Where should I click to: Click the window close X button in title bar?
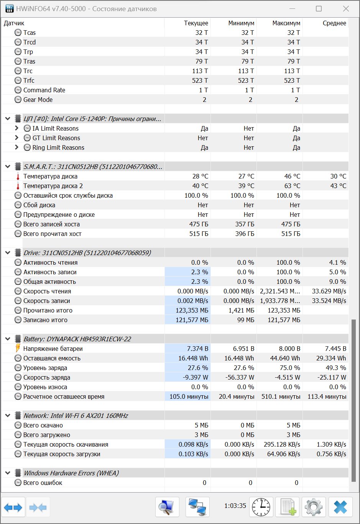346,9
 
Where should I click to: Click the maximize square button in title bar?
319,9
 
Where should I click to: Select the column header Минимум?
241,23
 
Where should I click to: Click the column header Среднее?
334,23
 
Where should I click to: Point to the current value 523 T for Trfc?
200,80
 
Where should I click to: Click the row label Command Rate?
44,90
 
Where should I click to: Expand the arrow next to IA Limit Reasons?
16,128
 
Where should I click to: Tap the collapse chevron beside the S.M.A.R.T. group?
8,167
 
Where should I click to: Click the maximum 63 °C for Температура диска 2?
292,186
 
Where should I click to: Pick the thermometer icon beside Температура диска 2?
18,186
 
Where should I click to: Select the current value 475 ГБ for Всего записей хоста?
199,224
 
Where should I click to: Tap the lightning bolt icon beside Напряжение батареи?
18,348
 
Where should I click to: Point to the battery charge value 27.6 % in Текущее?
198,368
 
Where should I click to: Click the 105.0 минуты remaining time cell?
189,396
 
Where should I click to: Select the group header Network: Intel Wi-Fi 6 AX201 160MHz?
76,416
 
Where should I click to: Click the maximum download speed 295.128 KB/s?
282,444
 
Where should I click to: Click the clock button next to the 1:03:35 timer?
261,507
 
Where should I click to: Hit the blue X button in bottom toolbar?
340,507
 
